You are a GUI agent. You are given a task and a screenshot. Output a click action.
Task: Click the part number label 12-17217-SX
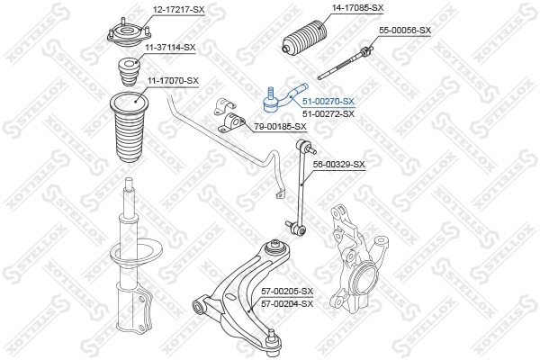point(178,9)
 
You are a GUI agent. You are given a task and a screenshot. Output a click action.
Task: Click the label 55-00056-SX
point(405,30)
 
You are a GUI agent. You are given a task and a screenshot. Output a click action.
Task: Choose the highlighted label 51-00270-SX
point(328,102)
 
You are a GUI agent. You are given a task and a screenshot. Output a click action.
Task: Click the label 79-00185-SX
point(280,126)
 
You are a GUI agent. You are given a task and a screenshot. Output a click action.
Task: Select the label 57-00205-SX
point(287,292)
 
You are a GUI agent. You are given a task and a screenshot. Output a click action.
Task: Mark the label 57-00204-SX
point(287,303)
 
